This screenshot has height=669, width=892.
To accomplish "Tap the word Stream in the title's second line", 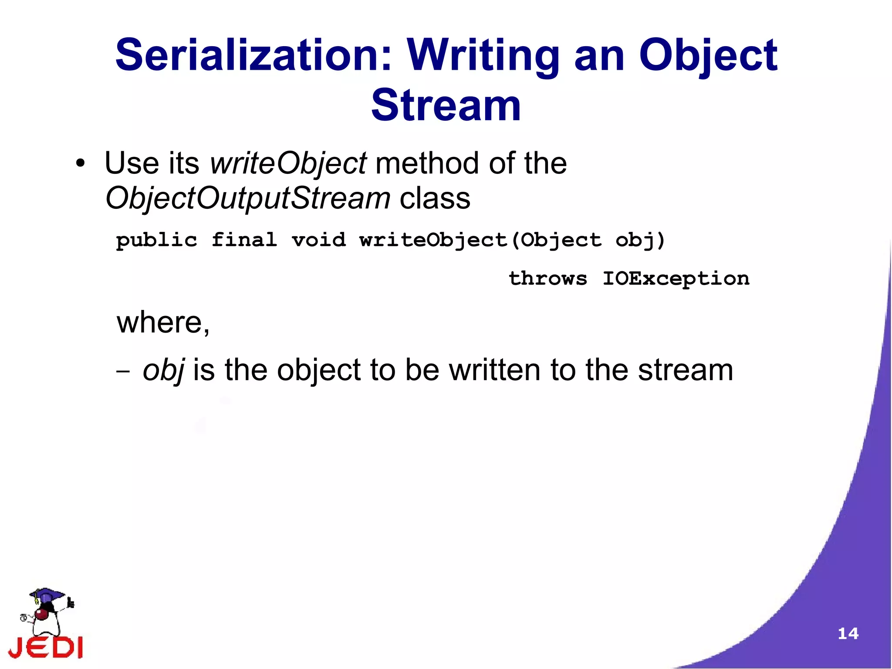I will coord(446,105).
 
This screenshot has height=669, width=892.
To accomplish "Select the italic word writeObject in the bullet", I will coord(288,163).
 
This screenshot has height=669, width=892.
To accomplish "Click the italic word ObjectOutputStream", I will coord(247,198).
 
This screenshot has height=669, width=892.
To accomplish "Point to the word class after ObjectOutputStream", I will coord(435,198).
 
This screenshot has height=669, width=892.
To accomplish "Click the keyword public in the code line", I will coord(156,240).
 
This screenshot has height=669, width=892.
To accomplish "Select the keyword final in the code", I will coord(244,240).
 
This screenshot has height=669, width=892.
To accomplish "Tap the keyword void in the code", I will coord(319,240).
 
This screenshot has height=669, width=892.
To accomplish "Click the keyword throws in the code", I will coord(548,278).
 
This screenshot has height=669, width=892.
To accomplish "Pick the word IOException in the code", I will coord(676,278).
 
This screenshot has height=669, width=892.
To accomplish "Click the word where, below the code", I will coord(163,323).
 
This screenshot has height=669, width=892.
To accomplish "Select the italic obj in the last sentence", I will coord(164,370).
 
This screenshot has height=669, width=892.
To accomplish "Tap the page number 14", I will coord(848,633).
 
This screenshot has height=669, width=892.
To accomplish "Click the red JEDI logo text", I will coord(46,646).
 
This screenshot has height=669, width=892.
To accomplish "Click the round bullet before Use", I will coord(80,164).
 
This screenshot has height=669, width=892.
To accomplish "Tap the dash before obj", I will coord(123,372).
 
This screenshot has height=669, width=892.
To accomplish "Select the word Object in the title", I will coord(708,55).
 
